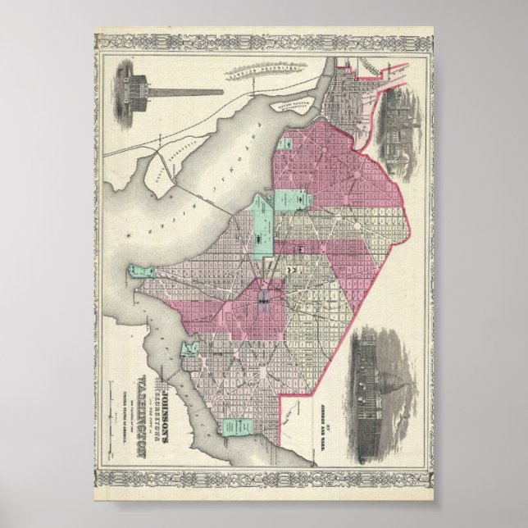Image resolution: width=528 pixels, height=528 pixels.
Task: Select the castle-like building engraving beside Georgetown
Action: [x=399, y=123]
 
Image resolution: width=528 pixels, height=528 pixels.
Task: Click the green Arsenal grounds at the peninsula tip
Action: [x=140, y=271]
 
